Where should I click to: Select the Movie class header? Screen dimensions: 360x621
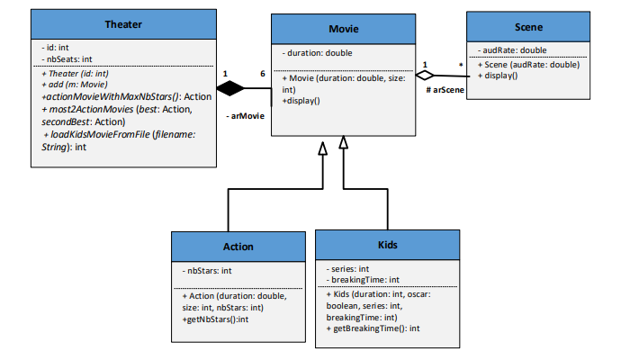[x=343, y=29]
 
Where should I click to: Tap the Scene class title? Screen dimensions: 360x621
[x=527, y=27]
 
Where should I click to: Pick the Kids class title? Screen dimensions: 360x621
[x=387, y=245]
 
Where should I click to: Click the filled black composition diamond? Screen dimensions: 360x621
[x=231, y=88]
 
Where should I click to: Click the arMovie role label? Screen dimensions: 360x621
[x=246, y=116]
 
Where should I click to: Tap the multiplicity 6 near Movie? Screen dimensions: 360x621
[x=262, y=73]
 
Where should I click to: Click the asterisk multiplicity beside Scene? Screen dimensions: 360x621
[x=460, y=65]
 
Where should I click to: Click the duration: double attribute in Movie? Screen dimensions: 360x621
[x=317, y=53]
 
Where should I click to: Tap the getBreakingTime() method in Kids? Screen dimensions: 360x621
[x=376, y=329]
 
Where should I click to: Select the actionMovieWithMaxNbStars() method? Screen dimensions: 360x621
[x=126, y=96]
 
